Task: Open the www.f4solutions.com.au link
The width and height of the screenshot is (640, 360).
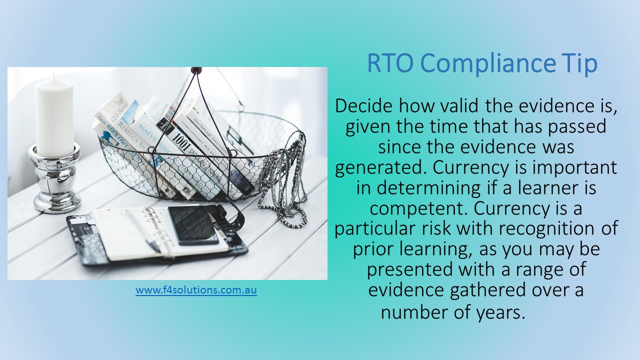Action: tap(196, 290)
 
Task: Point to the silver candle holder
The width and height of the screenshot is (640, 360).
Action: tap(54, 178)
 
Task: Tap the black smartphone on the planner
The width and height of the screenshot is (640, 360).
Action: tap(193, 225)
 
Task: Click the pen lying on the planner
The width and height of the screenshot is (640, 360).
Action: tap(143, 231)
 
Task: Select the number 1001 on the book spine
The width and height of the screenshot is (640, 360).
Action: tap(181, 142)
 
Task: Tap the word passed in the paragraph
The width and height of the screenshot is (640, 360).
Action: tap(577, 127)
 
